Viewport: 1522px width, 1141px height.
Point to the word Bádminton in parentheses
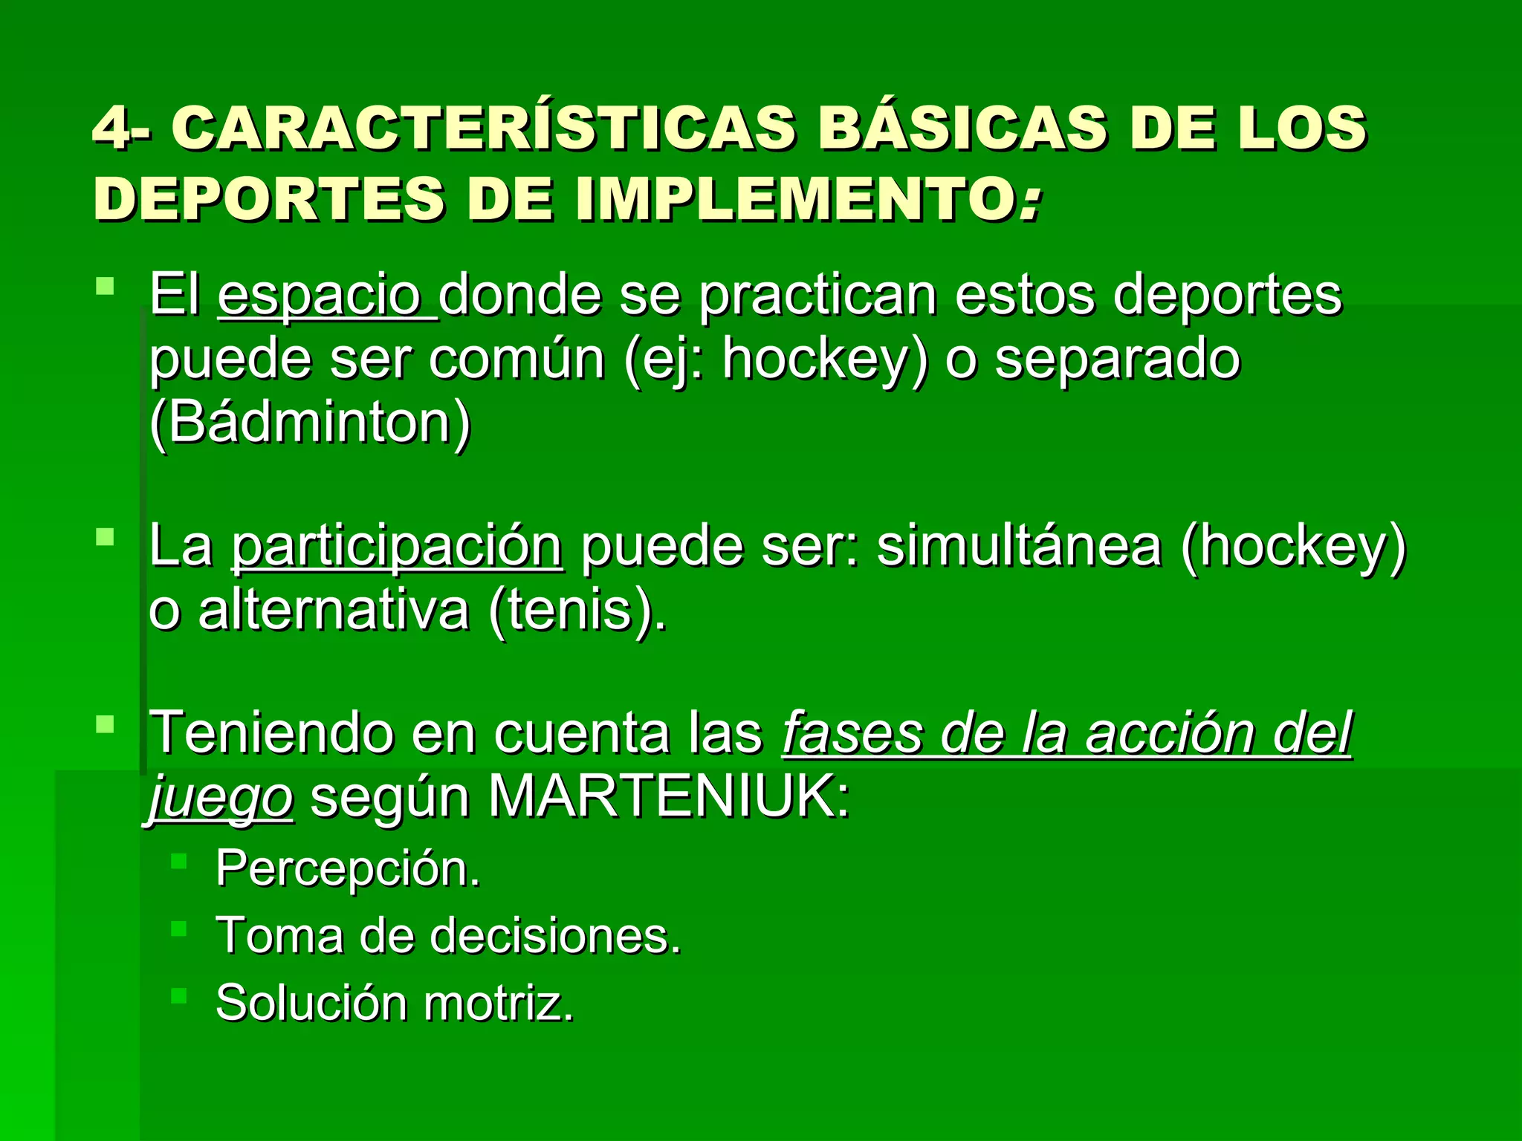[310, 422]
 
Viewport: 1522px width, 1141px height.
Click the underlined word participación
[397, 547]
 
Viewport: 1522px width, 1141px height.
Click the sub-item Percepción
[347, 868]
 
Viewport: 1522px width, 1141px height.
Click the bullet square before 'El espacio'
[106, 286]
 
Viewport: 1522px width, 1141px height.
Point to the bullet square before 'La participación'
[106, 536]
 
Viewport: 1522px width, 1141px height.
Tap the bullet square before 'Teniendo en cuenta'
[106, 724]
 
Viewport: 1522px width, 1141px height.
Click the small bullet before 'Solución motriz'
[178, 995]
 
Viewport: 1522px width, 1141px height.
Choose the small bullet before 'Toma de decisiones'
[178, 928]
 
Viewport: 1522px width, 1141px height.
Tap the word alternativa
[334, 611]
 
